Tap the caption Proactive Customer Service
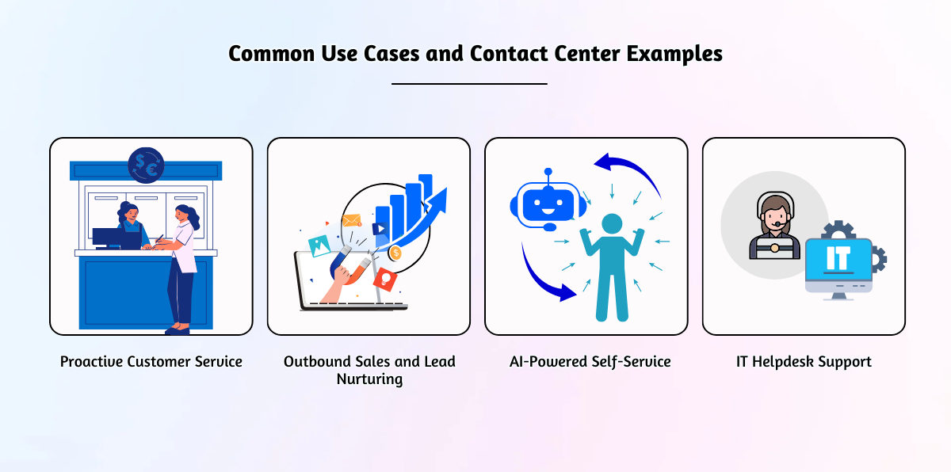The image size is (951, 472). [151, 361]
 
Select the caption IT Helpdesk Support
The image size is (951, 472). [804, 362]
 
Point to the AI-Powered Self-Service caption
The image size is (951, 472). [590, 362]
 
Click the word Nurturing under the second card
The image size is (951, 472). [369, 379]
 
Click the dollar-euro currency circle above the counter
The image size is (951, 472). [146, 165]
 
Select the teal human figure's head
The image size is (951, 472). [612, 223]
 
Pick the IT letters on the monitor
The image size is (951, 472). [838, 258]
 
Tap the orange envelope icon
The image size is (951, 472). [352, 220]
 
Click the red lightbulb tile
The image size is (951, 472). [385, 279]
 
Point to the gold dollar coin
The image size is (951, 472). [395, 253]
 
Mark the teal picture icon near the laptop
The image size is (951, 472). [319, 246]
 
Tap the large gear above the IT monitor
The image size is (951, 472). [838, 231]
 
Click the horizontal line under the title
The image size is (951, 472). [469, 84]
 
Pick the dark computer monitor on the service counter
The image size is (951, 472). [107, 238]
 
